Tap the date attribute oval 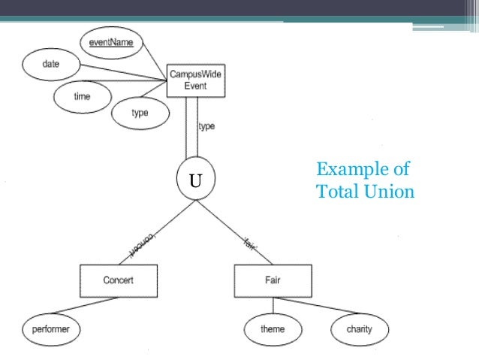pyautogui.click(x=50, y=65)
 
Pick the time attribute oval pyautogui.click(x=82, y=96)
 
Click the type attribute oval pyautogui.click(x=140, y=113)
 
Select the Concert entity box pyautogui.click(x=119, y=280)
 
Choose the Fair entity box pyautogui.click(x=273, y=280)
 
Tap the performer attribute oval pyautogui.click(x=51, y=328)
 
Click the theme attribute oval pyautogui.click(x=273, y=328)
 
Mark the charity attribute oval pyautogui.click(x=359, y=328)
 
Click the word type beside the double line pyautogui.click(x=207, y=126)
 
